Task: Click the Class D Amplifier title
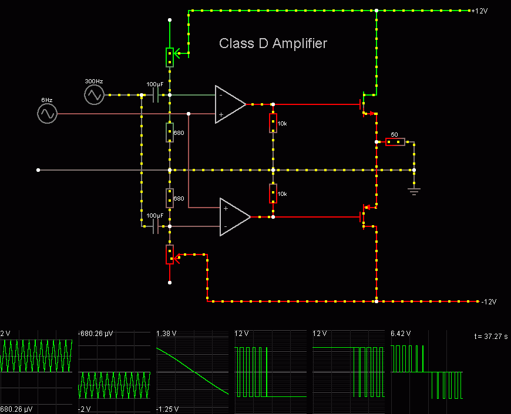click(273, 43)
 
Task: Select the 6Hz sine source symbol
click(47, 114)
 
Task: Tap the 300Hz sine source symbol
click(94, 94)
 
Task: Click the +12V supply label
click(479, 11)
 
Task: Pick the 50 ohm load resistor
click(395, 142)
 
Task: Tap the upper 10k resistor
click(273, 123)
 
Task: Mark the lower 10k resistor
click(273, 194)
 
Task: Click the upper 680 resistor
click(170, 133)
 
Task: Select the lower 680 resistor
click(170, 198)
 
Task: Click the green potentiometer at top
click(170, 57)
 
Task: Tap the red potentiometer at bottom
click(170, 254)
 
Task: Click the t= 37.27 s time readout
click(490, 337)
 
